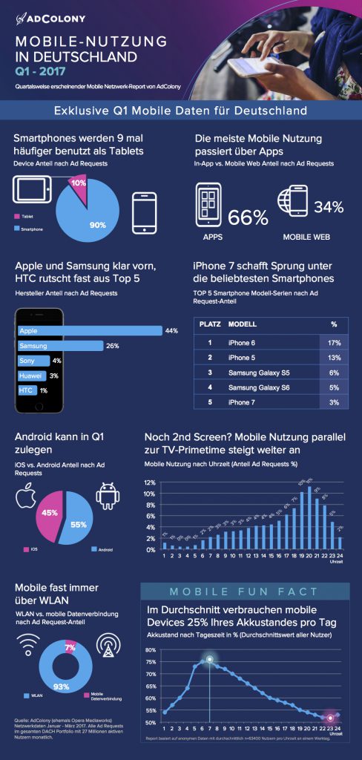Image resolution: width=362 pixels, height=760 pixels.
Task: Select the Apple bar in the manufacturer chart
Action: point(89,330)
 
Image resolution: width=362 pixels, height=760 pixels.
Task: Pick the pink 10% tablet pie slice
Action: point(78,180)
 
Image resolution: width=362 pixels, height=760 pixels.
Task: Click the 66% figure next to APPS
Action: point(248,217)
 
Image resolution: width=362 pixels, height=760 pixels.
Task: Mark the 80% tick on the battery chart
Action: point(151,650)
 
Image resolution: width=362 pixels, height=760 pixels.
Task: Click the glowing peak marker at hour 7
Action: point(209,658)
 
